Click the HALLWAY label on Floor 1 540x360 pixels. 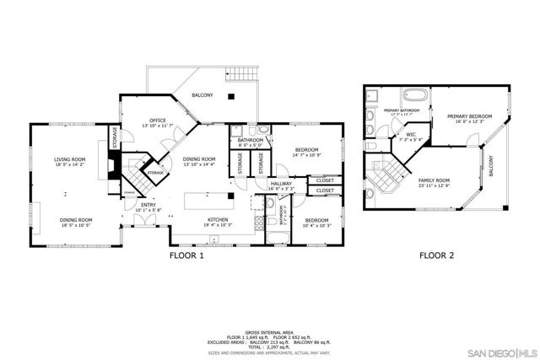click(280, 184)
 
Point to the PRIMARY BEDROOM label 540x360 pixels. click(470, 116)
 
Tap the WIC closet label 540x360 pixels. click(411, 135)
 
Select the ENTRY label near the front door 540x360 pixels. click(148, 205)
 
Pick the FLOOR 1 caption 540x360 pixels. click(187, 257)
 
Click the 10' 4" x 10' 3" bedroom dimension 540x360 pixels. click(318, 225)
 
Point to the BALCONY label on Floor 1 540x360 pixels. click(202, 95)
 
